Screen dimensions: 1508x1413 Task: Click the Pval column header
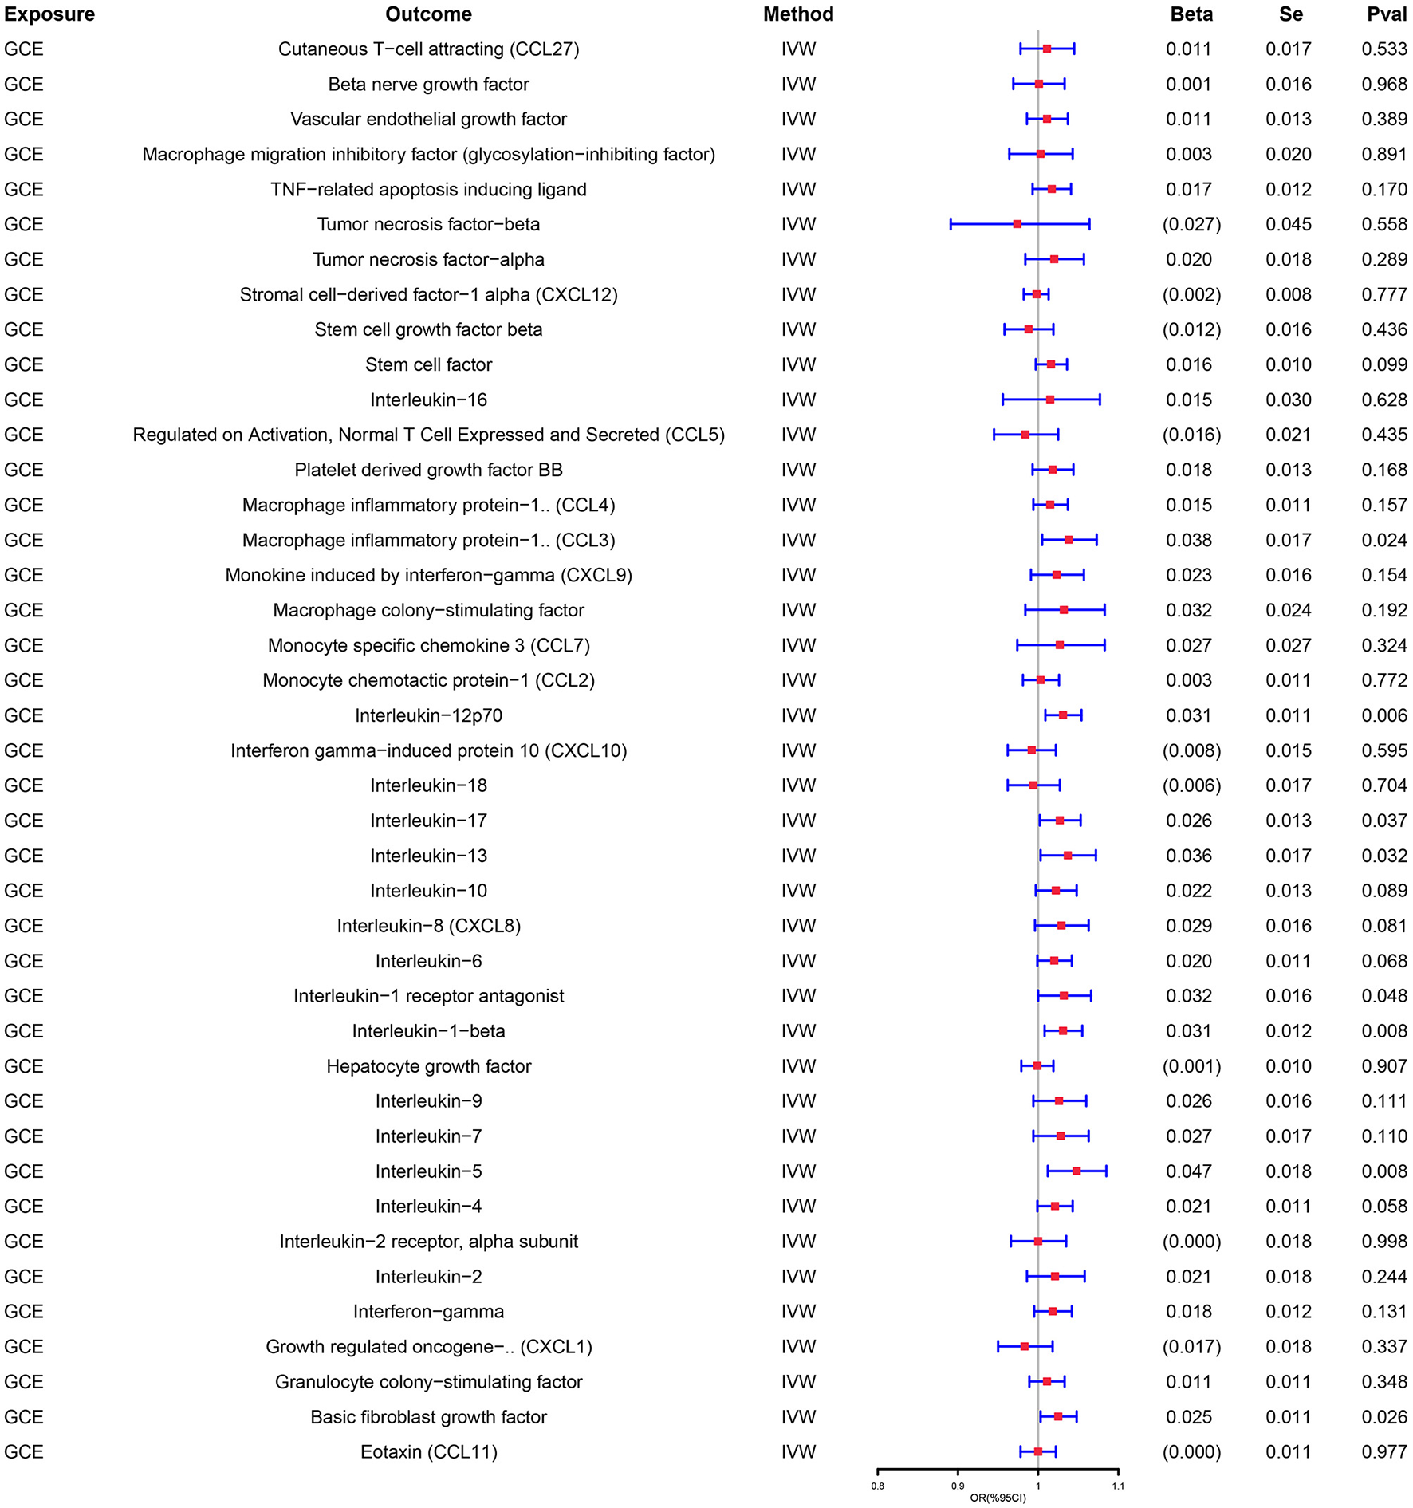1386,14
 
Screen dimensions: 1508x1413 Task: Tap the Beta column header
1191,14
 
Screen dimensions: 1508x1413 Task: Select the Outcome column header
428,14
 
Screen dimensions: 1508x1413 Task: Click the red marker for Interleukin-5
1076,1171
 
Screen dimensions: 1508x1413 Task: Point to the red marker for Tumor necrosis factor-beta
1017,224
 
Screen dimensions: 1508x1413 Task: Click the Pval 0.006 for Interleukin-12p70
1384,715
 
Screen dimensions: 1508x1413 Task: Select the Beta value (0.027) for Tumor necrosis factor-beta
1191,224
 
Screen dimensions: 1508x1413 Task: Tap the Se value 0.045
1288,224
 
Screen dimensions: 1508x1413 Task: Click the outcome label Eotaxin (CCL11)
428,1451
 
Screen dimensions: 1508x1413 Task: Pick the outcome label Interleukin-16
428,400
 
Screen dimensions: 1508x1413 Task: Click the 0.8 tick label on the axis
877,1486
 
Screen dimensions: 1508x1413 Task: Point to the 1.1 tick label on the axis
1118,1486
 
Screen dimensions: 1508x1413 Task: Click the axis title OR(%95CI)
998,1498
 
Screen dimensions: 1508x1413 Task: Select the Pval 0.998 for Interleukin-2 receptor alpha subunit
1384,1241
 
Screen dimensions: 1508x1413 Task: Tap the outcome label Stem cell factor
428,364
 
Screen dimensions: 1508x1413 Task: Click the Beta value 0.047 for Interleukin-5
1189,1171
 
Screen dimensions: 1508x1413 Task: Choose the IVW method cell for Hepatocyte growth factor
798,1065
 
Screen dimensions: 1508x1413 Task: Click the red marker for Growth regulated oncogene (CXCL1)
1025,1346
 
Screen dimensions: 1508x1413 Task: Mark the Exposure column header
49,14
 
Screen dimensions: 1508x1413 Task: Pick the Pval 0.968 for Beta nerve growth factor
1384,84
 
